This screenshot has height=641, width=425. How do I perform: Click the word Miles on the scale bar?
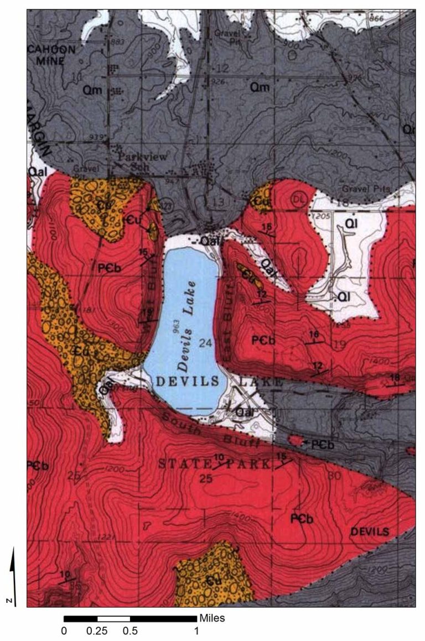(x=212, y=618)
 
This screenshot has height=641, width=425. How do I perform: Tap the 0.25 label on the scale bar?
(x=97, y=630)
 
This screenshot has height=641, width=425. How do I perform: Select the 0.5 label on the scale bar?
(x=130, y=630)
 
